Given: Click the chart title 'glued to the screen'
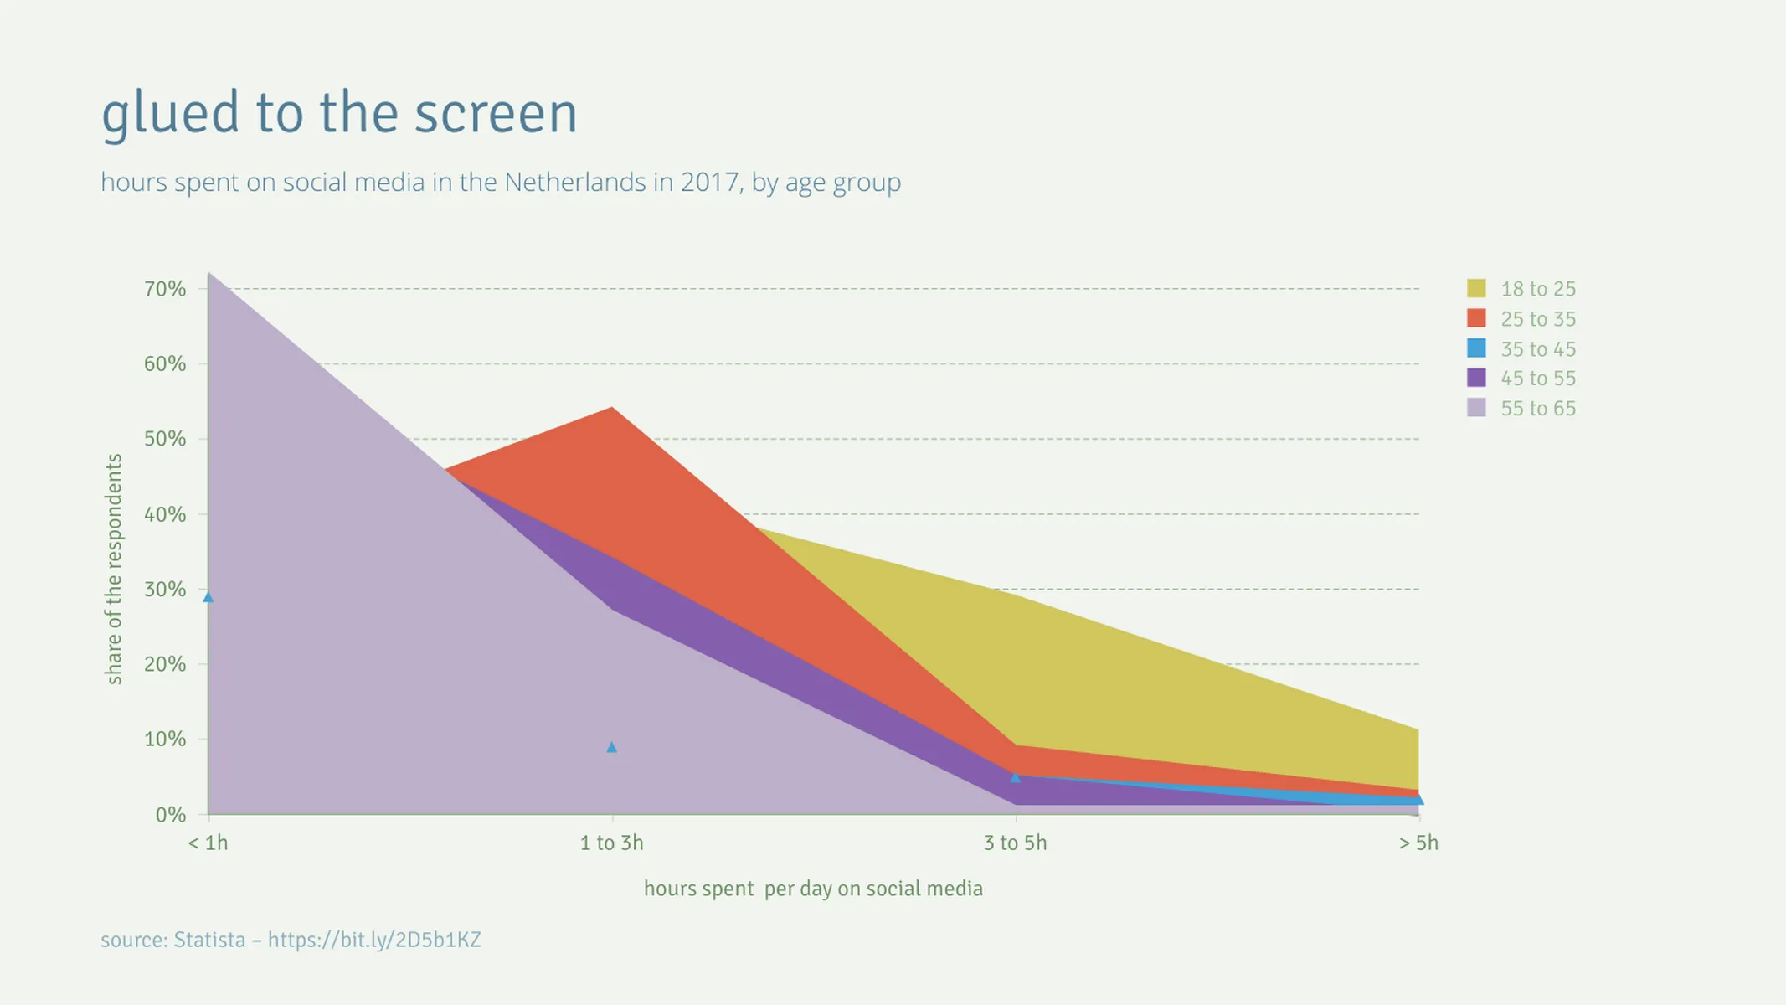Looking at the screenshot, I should coord(339,113).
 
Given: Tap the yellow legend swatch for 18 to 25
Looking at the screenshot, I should coord(1476,289).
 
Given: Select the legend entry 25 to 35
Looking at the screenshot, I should coord(1537,319).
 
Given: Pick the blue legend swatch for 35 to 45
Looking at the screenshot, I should coord(1476,348).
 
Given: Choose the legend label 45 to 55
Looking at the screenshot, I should coord(1537,379).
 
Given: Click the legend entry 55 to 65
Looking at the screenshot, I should coord(1537,409).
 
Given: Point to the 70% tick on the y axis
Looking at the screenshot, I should coord(165,289).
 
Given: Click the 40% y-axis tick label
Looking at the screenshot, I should coord(165,514).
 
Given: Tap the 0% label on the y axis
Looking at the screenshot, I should coord(170,815).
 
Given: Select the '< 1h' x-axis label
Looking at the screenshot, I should coord(208,843).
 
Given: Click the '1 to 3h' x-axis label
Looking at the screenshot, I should coord(611,843).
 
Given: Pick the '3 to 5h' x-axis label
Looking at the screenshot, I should coord(1015,843).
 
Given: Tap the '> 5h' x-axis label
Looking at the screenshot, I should coord(1418,843).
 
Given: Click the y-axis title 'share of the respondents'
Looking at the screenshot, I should coord(114,569).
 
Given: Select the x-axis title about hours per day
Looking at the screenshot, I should coord(813,889).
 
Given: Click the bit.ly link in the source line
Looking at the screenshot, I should coord(374,940).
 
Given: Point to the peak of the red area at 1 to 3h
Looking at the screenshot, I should coord(612,410).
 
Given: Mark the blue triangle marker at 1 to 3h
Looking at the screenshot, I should coord(611,747).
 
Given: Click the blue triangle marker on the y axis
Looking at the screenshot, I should coord(208,597).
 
